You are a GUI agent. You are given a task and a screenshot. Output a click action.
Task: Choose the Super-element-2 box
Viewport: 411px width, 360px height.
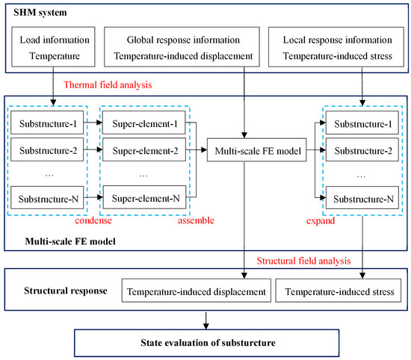click(144, 152)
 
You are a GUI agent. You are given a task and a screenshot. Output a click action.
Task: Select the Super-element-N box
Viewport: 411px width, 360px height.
click(144, 199)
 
